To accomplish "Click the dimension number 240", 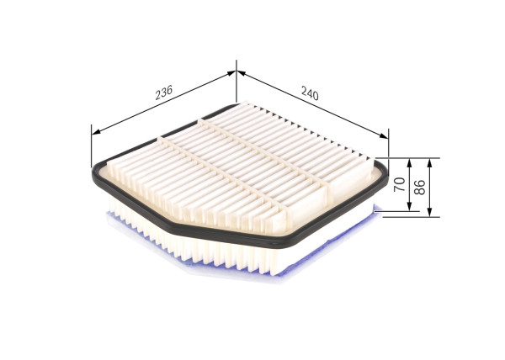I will click(x=309, y=95).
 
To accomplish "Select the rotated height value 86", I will click(x=417, y=187).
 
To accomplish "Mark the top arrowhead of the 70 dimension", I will click(x=408, y=160).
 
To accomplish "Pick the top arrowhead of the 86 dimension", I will click(x=432, y=160).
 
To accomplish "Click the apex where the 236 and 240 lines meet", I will click(x=237, y=73).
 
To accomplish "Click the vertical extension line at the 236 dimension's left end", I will click(x=91, y=147).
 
